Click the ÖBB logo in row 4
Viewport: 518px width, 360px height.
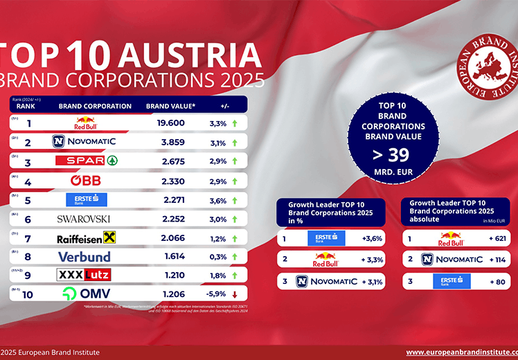click(87, 181)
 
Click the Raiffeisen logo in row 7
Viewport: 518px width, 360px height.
click(86, 238)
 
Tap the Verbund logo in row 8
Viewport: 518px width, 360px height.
click(84, 257)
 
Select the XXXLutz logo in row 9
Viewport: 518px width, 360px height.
click(83, 275)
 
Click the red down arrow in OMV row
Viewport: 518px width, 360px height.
click(235, 294)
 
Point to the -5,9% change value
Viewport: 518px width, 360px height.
click(217, 294)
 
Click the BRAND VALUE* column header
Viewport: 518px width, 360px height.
click(170, 107)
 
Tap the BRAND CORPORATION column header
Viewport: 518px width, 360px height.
click(95, 107)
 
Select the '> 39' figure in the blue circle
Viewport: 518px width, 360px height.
click(393, 154)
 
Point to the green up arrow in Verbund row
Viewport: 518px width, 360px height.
click(235, 257)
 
